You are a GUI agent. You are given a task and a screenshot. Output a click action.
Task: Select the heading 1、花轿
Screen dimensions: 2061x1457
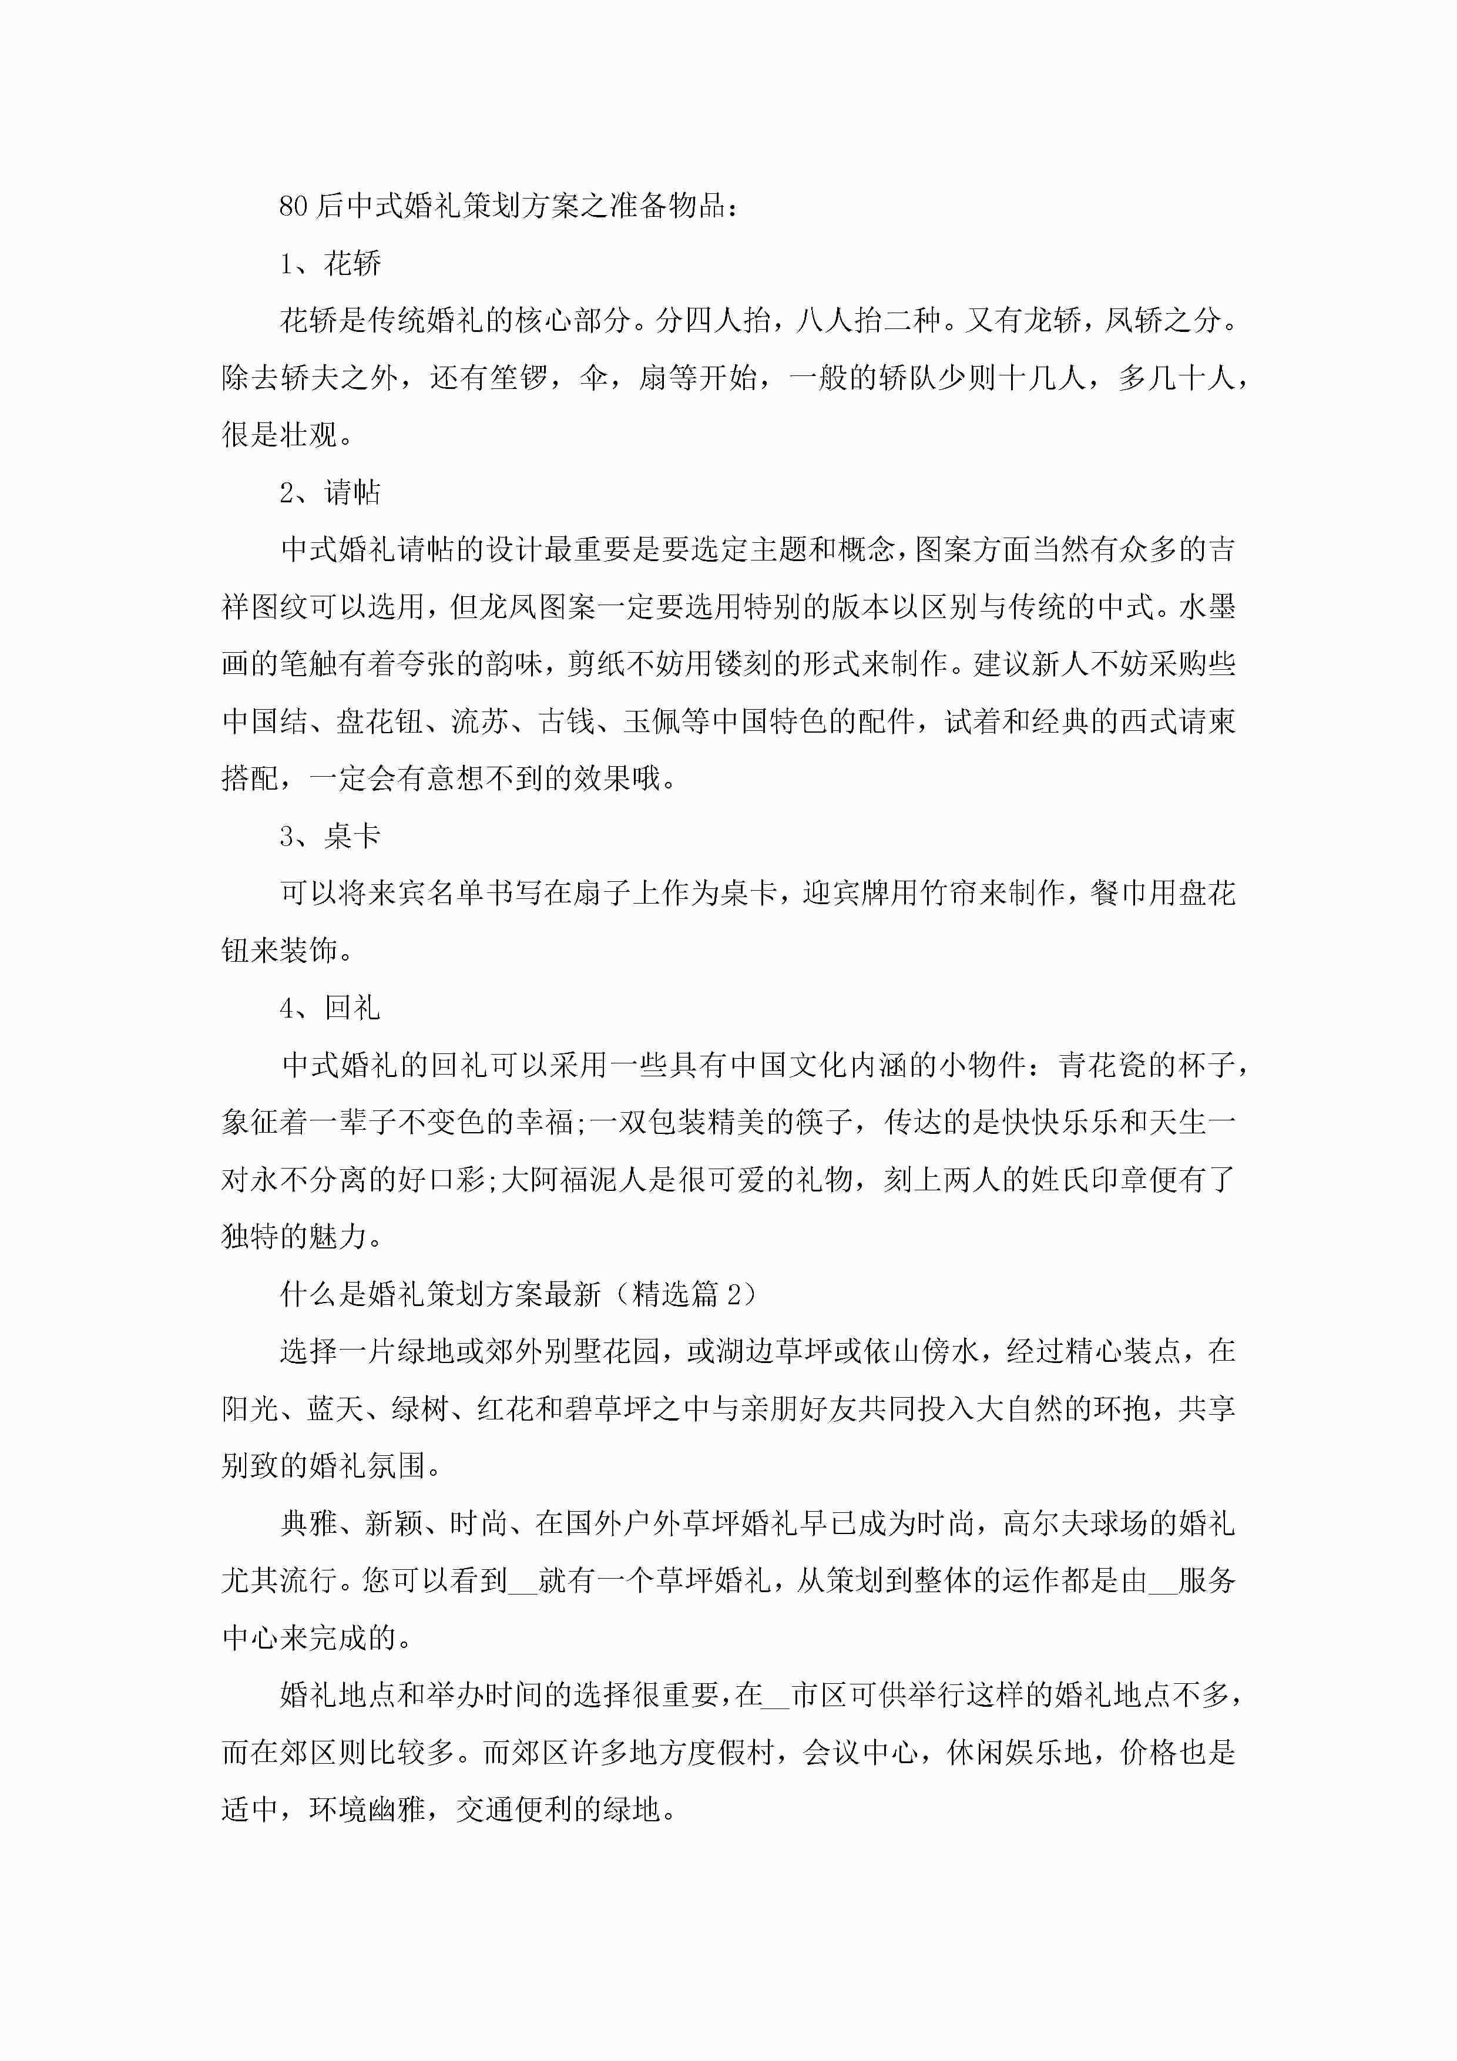coord(330,264)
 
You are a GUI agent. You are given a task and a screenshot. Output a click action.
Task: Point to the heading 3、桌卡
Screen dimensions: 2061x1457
coord(330,837)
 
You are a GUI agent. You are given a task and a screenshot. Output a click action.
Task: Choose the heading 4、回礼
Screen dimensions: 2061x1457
coord(330,1008)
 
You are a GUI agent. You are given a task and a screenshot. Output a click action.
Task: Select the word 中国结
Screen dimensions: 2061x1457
coord(265,721)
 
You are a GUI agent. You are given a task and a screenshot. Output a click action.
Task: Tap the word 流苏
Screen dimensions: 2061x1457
coord(480,721)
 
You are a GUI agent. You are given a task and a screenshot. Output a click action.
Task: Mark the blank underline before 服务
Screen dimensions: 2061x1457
coord(1163,1582)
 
